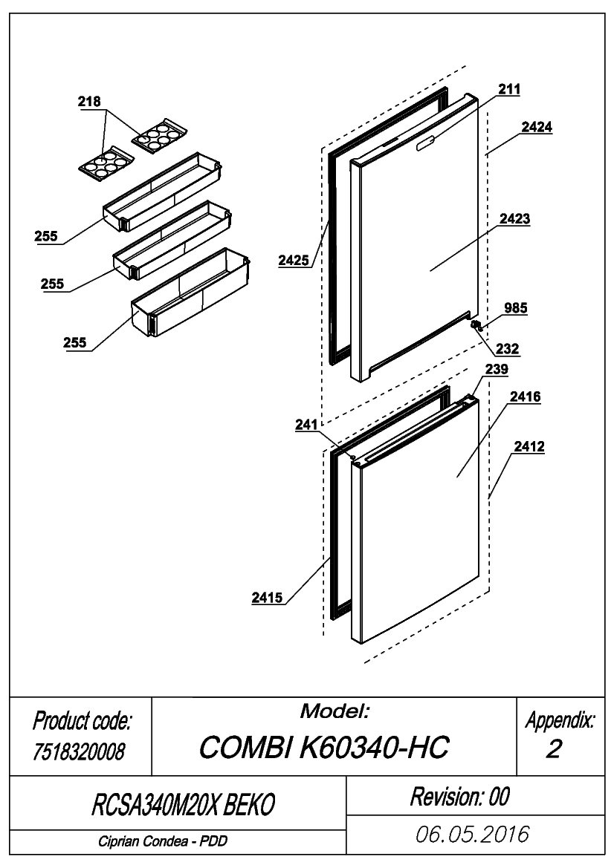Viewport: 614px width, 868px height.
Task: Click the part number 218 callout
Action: coord(89,101)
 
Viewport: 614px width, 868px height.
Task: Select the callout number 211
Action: coord(508,88)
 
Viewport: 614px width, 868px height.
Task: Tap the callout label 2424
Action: coord(537,127)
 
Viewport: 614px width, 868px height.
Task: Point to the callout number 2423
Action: coord(514,218)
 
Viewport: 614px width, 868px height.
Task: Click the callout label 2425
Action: coord(293,260)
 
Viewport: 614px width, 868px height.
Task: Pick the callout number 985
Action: coord(515,308)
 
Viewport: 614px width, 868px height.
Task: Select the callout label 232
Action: coord(507,348)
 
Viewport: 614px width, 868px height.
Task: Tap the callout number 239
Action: coord(497,369)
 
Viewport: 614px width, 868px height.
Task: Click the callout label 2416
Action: coord(525,397)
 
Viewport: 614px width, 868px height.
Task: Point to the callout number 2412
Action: coord(529,446)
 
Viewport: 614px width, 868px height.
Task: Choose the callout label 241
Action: coord(306,425)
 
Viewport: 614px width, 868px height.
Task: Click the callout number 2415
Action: coord(267,597)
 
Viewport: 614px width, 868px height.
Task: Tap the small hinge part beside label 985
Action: coord(476,325)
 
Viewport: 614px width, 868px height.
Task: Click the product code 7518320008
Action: coord(79,751)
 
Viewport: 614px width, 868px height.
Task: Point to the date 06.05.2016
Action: coord(473,835)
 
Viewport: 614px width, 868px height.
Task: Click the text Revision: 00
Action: coord(459,797)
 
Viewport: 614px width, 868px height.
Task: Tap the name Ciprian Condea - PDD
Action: coord(163,841)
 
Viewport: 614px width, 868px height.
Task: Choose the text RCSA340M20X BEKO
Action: coord(183,805)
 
